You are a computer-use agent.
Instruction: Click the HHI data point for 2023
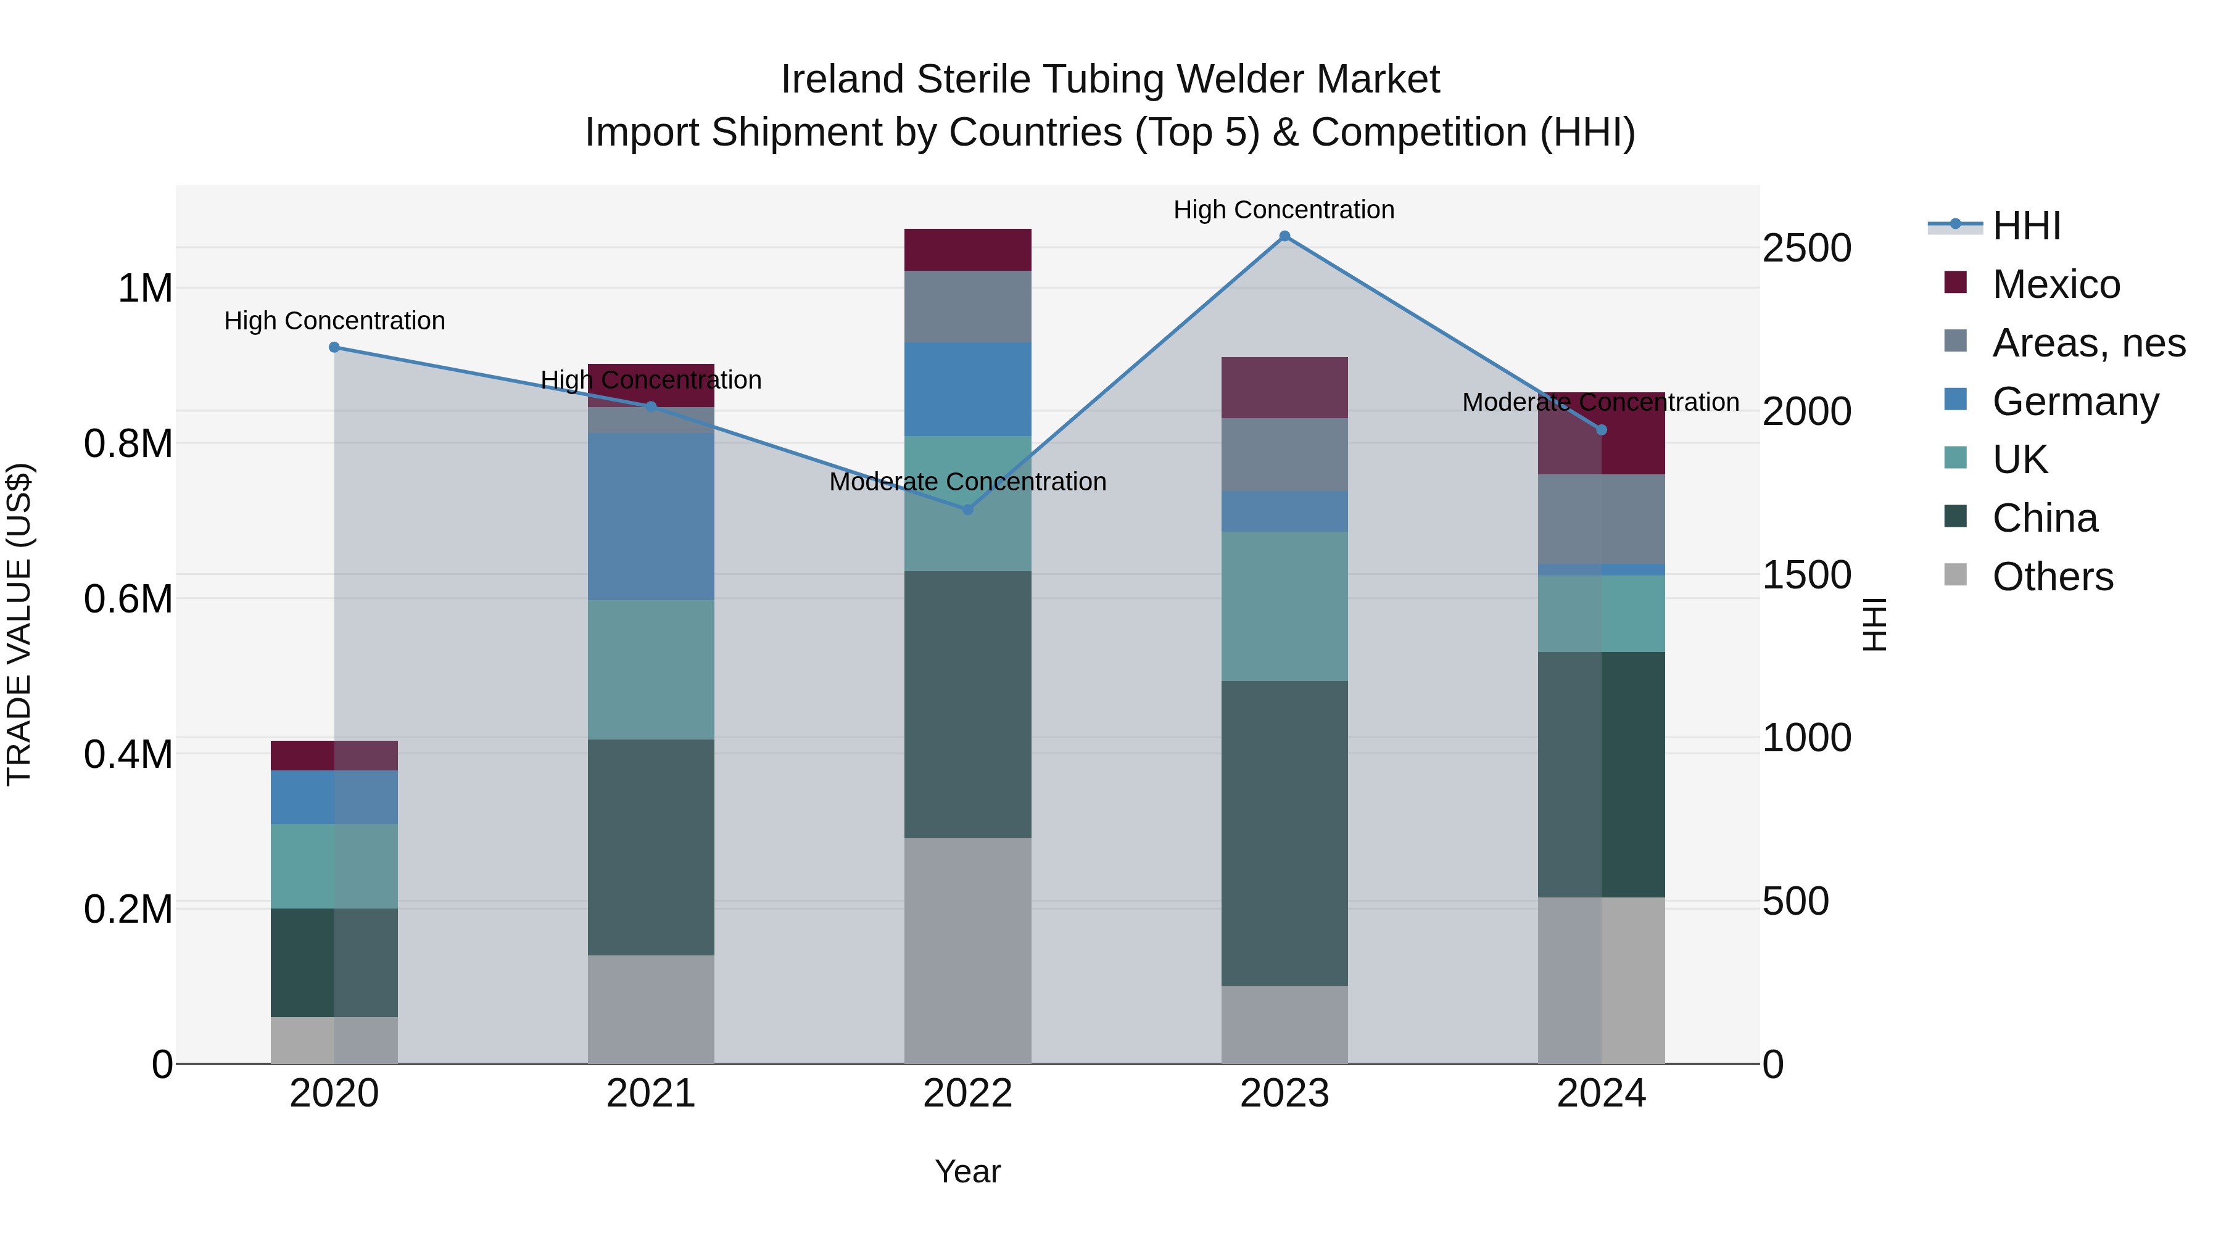[x=1284, y=236]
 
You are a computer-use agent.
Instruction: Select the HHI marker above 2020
[x=334, y=347]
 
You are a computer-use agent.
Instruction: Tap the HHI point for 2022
[x=967, y=509]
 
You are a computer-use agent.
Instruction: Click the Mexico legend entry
[x=2056, y=284]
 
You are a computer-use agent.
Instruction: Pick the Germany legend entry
[x=2074, y=402]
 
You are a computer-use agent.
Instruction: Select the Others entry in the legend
[x=2052, y=577]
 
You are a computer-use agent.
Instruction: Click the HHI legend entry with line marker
[x=2026, y=226]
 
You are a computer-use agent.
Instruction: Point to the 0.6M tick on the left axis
[x=128, y=599]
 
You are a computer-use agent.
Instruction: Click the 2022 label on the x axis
[x=967, y=1094]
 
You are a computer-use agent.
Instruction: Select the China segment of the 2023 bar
[x=1284, y=833]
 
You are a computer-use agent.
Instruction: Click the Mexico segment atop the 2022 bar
[x=967, y=250]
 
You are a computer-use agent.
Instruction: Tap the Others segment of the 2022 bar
[x=967, y=950]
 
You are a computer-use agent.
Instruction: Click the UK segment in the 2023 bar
[x=1284, y=606]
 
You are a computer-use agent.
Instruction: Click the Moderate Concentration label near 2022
[x=967, y=482]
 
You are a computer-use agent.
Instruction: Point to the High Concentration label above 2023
[x=1284, y=210]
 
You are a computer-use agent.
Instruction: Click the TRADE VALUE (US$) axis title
[x=19, y=625]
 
